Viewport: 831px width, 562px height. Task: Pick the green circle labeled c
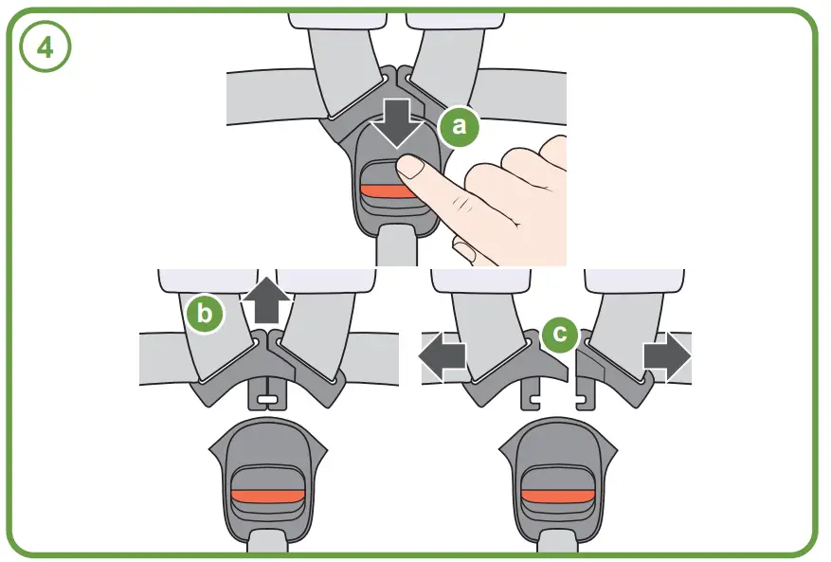(x=561, y=334)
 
